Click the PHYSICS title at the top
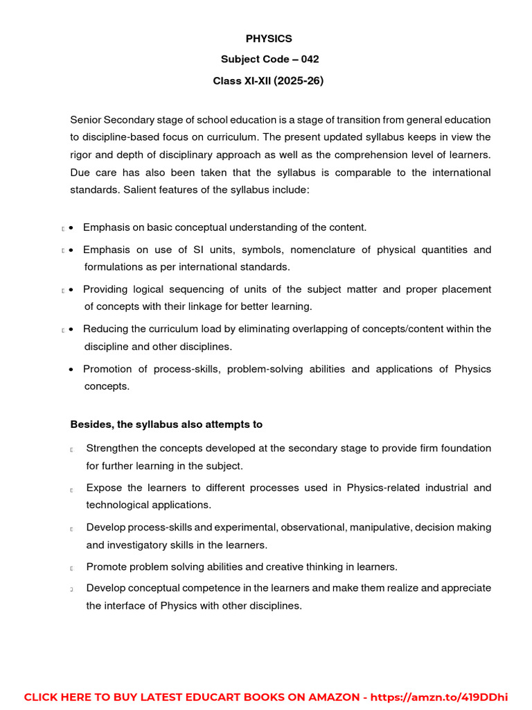pyautogui.click(x=269, y=39)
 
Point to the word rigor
pyautogui.click(x=82, y=155)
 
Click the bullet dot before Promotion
pyautogui.click(x=72, y=370)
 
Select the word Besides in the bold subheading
pyautogui.click(x=90, y=424)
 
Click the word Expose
pyautogui.click(x=103, y=488)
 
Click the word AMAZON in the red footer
pyautogui.click(x=327, y=697)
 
